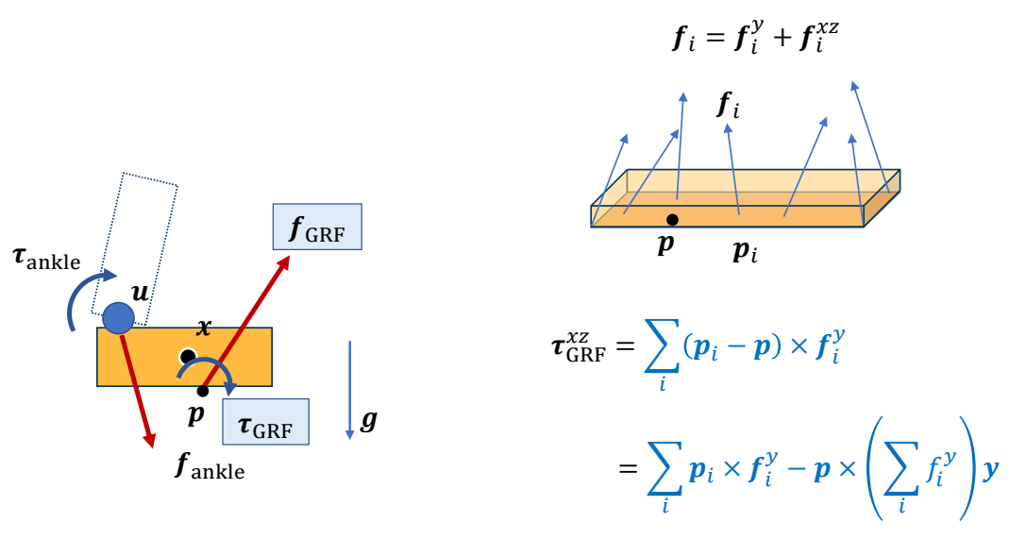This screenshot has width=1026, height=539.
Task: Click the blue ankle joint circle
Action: (118, 319)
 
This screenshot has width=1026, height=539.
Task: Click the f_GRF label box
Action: (317, 227)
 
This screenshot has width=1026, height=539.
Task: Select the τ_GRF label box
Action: (265, 421)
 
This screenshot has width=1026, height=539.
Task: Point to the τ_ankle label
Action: (46, 260)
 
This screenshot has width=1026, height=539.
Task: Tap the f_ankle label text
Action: (210, 466)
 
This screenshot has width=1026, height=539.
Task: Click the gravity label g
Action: (368, 420)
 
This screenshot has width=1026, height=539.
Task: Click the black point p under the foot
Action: (202, 391)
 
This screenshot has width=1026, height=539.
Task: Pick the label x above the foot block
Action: (203, 327)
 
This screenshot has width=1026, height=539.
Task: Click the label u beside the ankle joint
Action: (141, 294)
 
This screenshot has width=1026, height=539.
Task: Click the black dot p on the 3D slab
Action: (671, 220)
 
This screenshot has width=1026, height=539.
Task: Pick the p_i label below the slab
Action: (747, 250)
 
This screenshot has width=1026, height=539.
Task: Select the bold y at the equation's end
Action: (990, 468)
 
